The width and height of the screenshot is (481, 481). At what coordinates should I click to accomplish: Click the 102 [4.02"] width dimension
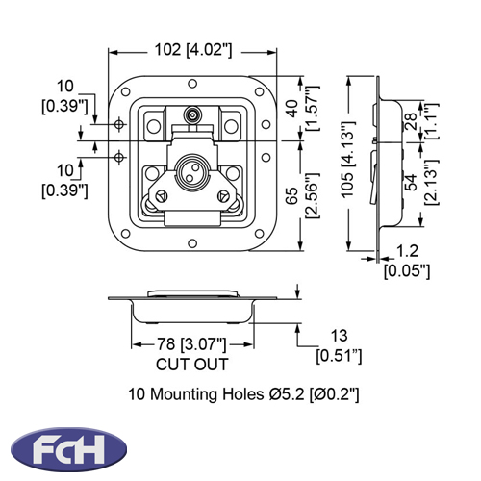193,50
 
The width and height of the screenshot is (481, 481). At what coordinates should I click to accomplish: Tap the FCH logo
68,448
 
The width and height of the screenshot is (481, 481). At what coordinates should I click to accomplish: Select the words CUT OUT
192,365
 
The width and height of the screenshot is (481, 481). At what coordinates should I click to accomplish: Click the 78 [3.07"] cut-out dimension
191,344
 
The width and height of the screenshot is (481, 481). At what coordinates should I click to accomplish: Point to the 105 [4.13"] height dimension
348,160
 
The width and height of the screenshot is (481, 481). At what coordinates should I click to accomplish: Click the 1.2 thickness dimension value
407,251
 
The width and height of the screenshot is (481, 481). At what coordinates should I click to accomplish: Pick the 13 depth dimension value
339,336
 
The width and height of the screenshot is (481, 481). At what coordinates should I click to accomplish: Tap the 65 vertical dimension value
291,195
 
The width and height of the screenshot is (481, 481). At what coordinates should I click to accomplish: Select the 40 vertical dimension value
291,109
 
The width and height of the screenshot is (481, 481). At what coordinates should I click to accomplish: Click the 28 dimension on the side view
412,121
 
